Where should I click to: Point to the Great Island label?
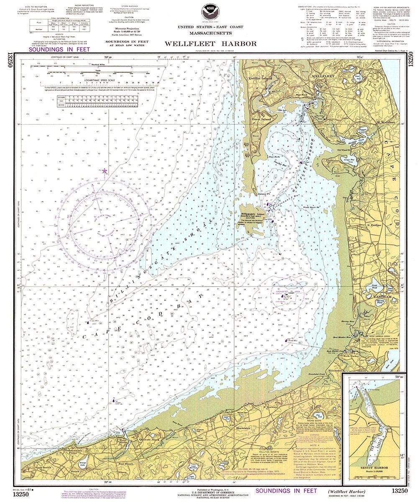[x=262, y=119]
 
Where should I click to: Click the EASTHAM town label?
[x=372, y=296]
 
